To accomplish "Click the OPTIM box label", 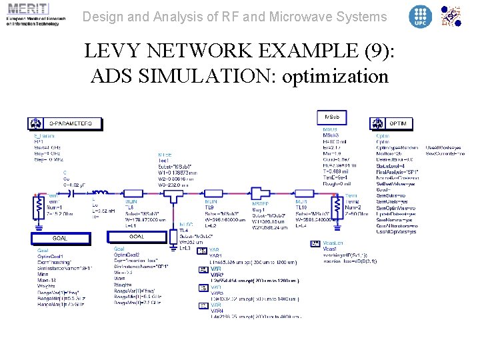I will pos(397,124).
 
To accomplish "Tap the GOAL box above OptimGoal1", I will pos(60,238).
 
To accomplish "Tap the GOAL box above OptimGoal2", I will pos(137,237).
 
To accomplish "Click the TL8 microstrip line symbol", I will pos(137,196).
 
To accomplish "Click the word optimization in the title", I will pos(335,76).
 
